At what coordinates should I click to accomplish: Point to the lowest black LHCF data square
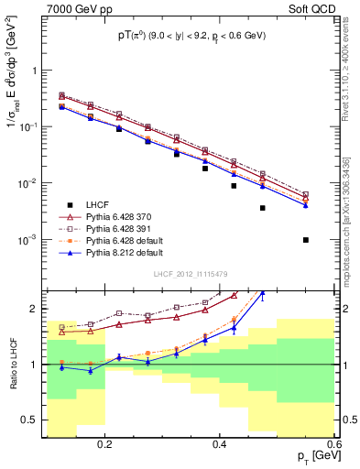pyautogui.click(x=306, y=240)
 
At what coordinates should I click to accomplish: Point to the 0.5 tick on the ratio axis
pyautogui.click(x=32, y=421)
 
